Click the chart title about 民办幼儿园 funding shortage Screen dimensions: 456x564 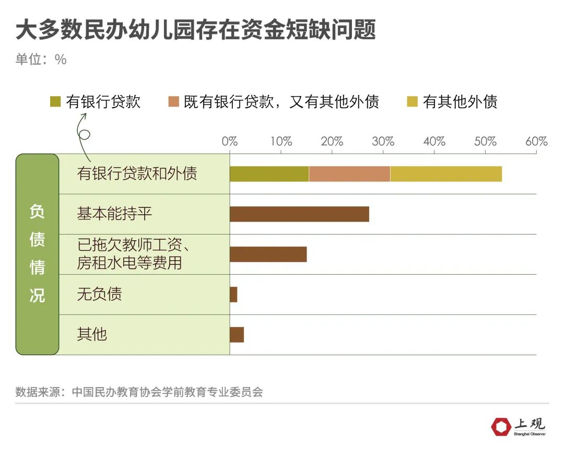[x=195, y=30]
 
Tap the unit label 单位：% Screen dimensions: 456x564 [x=41, y=60]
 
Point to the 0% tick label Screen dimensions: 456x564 [x=230, y=141]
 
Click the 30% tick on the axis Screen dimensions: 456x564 [x=383, y=141]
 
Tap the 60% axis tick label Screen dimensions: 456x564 [x=536, y=141]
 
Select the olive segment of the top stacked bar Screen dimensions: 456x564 [x=269, y=174]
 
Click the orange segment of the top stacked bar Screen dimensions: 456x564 [x=349, y=174]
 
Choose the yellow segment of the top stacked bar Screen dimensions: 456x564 [x=446, y=174]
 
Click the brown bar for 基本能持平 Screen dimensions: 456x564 [x=299, y=214]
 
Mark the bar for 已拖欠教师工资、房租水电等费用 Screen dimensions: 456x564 [x=268, y=254]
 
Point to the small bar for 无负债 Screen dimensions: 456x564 [x=233, y=295]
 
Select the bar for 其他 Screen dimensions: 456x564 [x=237, y=335]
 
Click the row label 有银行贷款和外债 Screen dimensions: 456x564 [x=137, y=173]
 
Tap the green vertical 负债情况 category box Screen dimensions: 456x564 [x=37, y=254]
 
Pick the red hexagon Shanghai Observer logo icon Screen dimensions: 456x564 [x=501, y=426]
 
